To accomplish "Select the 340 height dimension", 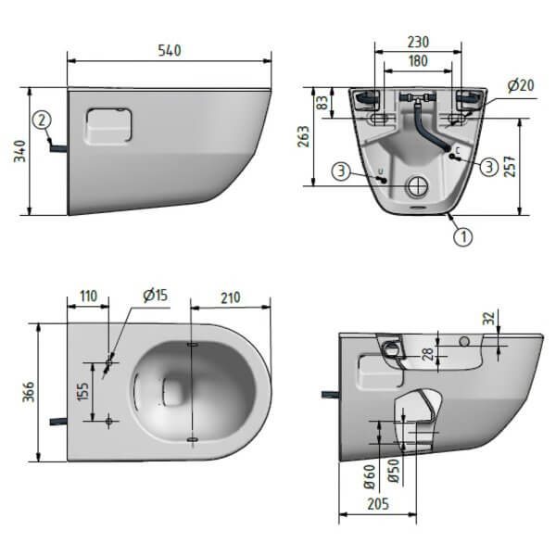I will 19,152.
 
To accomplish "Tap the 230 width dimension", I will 418,43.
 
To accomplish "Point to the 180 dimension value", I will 418,62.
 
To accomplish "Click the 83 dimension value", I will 322,103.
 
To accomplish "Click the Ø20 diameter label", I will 521,85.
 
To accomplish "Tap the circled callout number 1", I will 461,236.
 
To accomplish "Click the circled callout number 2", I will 41,119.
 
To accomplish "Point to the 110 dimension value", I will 88,297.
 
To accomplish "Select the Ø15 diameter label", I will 155,296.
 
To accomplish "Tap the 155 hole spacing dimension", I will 82,390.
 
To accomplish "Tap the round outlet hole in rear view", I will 418,185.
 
